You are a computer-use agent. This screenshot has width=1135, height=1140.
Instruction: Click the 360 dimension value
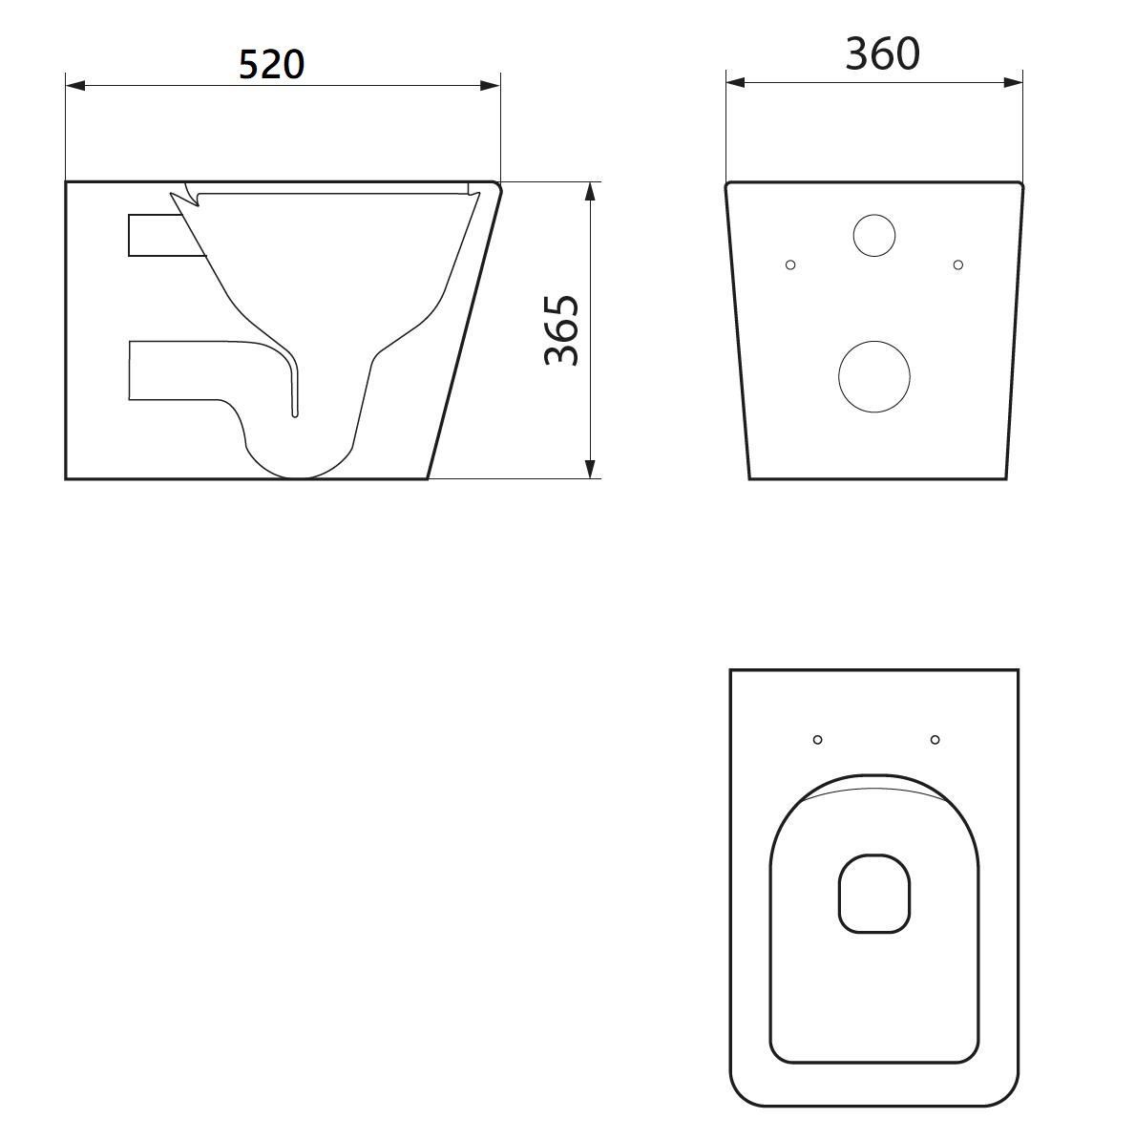[x=882, y=53]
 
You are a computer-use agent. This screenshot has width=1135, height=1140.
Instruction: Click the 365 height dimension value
[x=562, y=330]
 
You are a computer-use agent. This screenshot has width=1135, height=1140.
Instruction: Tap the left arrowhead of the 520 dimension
[x=75, y=86]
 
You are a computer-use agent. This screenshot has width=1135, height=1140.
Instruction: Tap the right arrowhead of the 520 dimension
[x=490, y=86]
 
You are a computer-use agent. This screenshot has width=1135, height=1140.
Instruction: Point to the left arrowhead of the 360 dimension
[x=736, y=83]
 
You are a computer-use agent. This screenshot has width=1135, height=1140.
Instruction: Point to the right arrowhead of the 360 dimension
[x=1013, y=83]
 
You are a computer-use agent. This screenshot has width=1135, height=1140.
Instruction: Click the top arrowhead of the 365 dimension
[x=590, y=191]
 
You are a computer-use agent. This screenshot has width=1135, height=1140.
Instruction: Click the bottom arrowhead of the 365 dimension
[x=590, y=469]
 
